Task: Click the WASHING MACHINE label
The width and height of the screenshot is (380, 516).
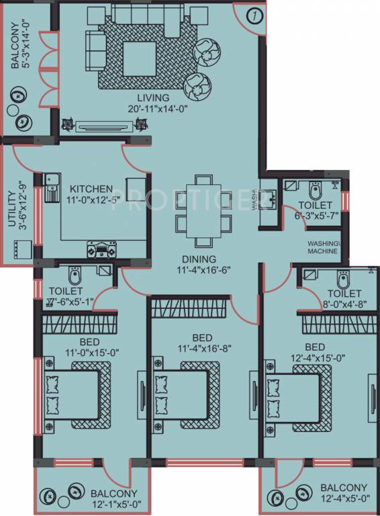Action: point(325,247)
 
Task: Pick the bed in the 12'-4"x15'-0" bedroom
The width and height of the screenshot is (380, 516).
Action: point(296,395)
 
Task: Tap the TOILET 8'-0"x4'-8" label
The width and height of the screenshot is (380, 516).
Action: point(344,294)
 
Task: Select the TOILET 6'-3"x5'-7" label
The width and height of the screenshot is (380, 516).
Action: point(314,204)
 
